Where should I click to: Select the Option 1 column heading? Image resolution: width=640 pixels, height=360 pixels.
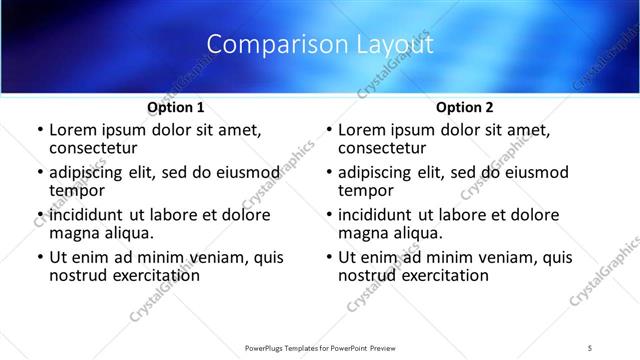click(176, 106)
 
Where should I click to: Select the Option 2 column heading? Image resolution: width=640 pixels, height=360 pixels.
click(464, 106)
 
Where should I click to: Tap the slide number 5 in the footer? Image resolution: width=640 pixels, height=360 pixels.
click(590, 347)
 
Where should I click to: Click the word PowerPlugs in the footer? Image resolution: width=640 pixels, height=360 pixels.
click(269, 347)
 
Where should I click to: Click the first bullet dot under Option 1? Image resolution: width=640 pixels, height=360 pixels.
click(39, 131)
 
